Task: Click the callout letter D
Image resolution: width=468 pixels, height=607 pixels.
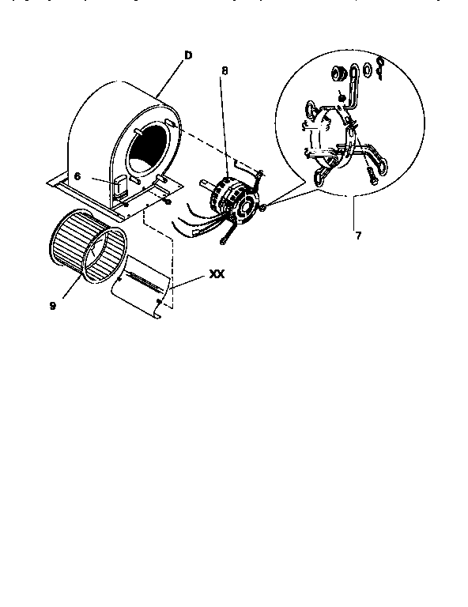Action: [x=188, y=55]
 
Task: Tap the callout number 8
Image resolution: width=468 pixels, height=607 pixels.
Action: [x=225, y=70]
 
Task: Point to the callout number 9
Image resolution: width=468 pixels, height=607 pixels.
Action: [x=52, y=305]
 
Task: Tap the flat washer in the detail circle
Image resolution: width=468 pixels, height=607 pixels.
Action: [x=364, y=77]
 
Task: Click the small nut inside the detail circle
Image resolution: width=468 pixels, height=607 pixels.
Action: [x=341, y=97]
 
